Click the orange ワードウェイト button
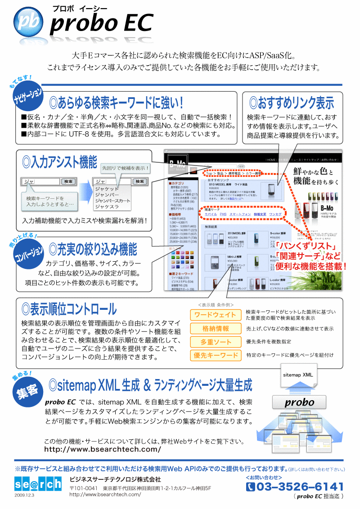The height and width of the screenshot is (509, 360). point(215,315)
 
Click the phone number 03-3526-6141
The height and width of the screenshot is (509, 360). point(295,487)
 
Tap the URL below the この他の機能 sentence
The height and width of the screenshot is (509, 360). point(102,449)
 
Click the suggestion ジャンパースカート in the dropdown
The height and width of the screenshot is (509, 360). point(112,201)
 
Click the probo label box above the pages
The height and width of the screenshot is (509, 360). point(300,402)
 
